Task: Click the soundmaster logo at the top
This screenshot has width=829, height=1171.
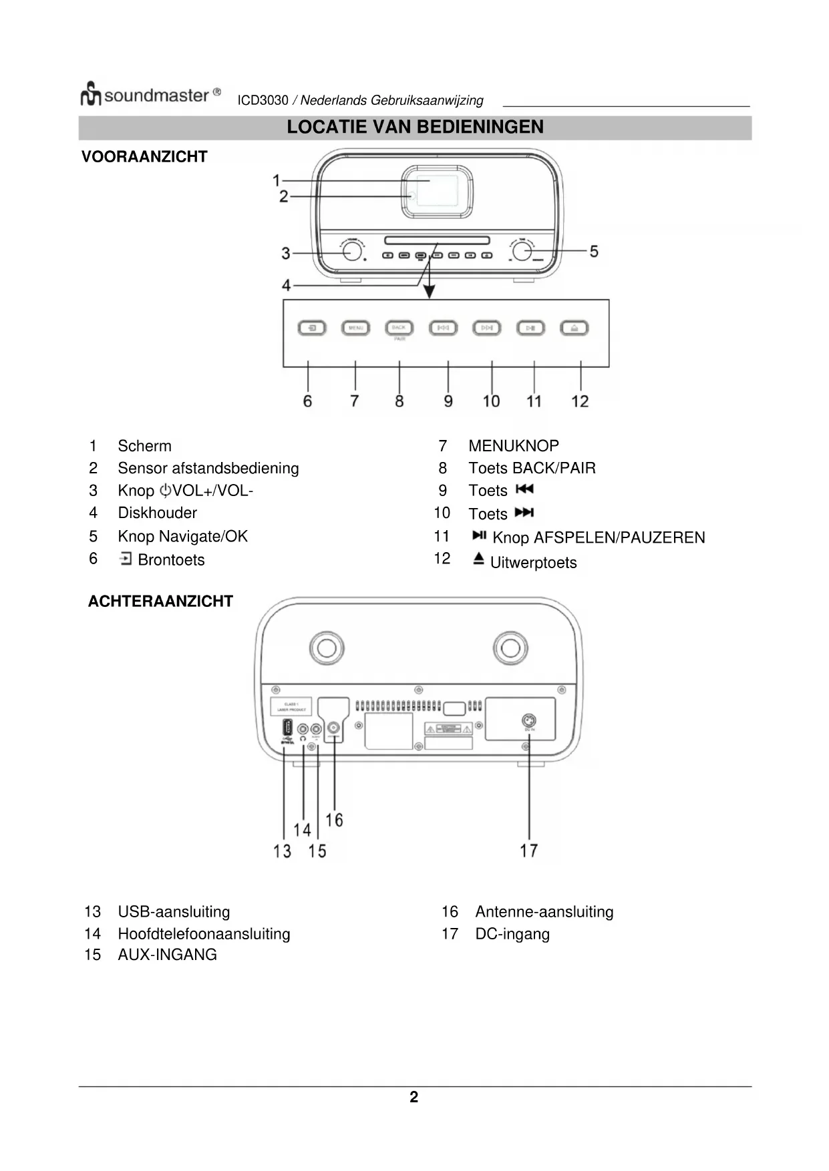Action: tap(150, 95)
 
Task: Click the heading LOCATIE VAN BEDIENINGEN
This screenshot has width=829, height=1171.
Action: tap(415, 127)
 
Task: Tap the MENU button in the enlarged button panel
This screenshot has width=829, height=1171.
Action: tap(355, 328)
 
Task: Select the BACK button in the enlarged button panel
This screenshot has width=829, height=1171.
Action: tap(399, 328)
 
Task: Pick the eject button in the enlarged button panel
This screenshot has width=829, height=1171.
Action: tap(574, 328)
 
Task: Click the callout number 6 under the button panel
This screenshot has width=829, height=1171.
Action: tap(307, 401)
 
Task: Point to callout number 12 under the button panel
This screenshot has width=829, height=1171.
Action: tap(580, 401)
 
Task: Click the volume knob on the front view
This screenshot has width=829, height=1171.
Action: tap(351, 251)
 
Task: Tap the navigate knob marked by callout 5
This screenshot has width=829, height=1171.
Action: tap(522, 251)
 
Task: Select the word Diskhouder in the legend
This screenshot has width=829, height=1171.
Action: tap(157, 513)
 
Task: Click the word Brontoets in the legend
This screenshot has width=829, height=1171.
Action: tap(171, 560)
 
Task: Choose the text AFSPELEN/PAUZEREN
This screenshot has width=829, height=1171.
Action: tap(619, 537)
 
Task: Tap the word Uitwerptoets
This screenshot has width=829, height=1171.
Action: tap(533, 563)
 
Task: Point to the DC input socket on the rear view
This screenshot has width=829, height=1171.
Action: tap(529, 721)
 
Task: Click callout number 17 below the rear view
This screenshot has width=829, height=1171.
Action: tap(529, 851)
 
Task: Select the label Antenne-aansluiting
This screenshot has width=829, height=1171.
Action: tap(544, 912)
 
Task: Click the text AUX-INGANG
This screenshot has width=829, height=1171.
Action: tap(167, 955)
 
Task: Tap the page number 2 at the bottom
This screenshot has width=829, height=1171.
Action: tap(414, 1098)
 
